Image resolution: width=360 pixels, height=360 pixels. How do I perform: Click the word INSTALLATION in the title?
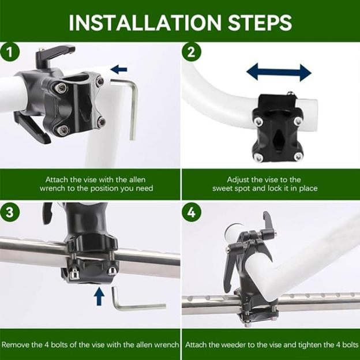(145, 22)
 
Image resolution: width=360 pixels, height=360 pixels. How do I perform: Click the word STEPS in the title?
(260, 22)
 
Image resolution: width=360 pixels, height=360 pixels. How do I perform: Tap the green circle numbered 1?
(9, 52)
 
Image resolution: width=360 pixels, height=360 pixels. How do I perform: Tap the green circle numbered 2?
(192, 52)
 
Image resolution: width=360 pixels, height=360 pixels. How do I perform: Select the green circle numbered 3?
(9, 212)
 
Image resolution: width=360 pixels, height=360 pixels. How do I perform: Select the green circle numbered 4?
(192, 212)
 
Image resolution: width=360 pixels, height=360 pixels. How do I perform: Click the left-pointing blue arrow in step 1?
(119, 69)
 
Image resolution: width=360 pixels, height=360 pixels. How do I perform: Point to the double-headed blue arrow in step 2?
(279, 72)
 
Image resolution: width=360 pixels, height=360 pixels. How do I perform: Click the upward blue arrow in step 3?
(99, 297)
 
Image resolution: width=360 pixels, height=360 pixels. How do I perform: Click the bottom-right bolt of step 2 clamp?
(298, 157)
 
